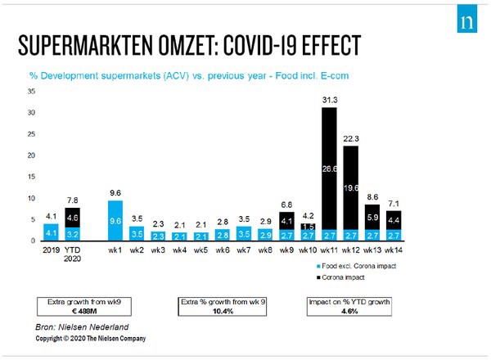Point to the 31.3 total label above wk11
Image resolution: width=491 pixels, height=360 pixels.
(x=329, y=99)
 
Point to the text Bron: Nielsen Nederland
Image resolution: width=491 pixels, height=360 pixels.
(x=80, y=326)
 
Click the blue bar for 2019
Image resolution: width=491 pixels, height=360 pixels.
(x=51, y=232)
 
